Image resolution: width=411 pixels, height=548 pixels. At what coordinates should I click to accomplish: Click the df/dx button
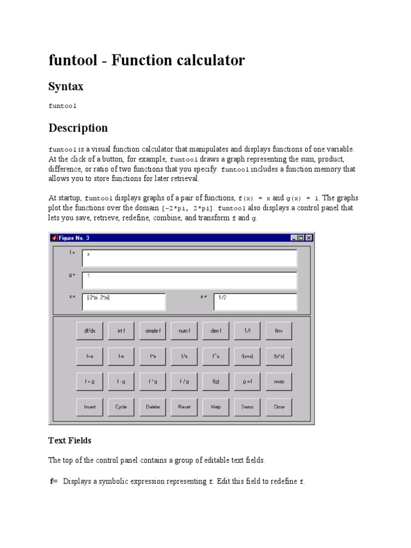(x=89, y=331)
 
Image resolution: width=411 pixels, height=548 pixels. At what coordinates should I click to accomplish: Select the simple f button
(x=153, y=331)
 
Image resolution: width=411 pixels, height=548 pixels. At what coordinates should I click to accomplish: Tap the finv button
(x=279, y=331)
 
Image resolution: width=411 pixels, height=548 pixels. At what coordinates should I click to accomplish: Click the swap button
(x=279, y=382)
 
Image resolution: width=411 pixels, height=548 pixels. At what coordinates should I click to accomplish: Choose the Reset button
(x=184, y=407)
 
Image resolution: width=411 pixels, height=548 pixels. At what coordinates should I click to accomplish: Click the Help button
(x=216, y=407)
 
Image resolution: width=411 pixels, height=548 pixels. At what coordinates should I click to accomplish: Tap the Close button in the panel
(x=279, y=407)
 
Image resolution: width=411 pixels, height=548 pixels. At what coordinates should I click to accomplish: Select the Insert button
(x=89, y=407)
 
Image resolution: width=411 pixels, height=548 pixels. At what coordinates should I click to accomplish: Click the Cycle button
(x=121, y=407)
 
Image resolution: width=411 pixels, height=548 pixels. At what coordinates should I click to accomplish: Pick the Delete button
(x=153, y=407)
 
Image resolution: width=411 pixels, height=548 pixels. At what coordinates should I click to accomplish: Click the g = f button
(x=247, y=382)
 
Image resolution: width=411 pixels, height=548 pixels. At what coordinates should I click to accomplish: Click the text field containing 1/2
(x=255, y=302)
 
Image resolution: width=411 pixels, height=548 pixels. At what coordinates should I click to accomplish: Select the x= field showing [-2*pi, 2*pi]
(x=124, y=302)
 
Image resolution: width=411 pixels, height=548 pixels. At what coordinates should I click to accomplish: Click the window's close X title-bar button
(x=309, y=238)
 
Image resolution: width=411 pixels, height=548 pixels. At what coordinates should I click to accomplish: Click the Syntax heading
(x=66, y=86)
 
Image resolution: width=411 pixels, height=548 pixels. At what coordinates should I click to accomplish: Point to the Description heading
(x=78, y=128)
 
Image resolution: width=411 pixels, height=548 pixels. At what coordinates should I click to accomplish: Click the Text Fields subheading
(x=70, y=440)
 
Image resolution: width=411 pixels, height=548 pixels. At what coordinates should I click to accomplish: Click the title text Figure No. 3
(x=74, y=238)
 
